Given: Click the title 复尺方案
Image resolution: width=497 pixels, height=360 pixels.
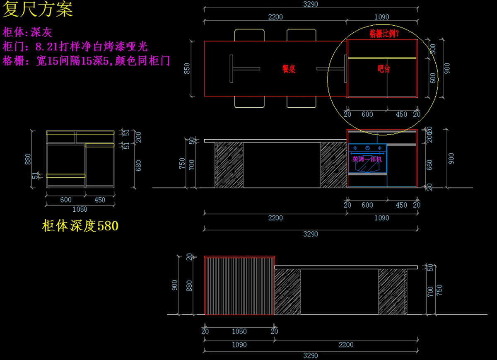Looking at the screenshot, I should click(x=38, y=10).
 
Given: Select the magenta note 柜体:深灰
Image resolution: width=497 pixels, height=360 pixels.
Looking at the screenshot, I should click(x=27, y=32).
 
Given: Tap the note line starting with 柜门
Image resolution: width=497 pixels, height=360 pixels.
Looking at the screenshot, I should click(x=75, y=46).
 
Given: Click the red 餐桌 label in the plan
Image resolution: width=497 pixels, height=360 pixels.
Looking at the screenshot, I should click(x=289, y=69).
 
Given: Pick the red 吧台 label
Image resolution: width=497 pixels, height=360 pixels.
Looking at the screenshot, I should click(x=384, y=69).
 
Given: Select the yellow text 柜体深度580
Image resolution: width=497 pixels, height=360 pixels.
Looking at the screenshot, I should click(x=80, y=226).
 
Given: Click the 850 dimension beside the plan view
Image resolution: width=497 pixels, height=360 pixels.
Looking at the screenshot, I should click(x=187, y=69).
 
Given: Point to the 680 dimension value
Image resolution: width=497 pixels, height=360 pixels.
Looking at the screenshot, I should click(x=139, y=166).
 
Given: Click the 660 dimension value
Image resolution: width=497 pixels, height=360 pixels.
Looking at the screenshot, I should click(x=429, y=165).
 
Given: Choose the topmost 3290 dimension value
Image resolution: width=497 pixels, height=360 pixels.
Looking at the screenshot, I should click(x=310, y=5).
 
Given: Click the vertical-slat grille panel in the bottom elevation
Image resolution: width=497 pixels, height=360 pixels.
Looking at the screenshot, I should click(x=239, y=286).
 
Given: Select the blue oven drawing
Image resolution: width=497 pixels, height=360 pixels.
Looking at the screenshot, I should click(x=367, y=159).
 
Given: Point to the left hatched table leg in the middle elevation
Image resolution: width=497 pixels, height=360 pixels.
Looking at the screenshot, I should click(x=229, y=165).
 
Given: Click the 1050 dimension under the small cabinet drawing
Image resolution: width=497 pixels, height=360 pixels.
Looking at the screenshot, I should click(x=80, y=209).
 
